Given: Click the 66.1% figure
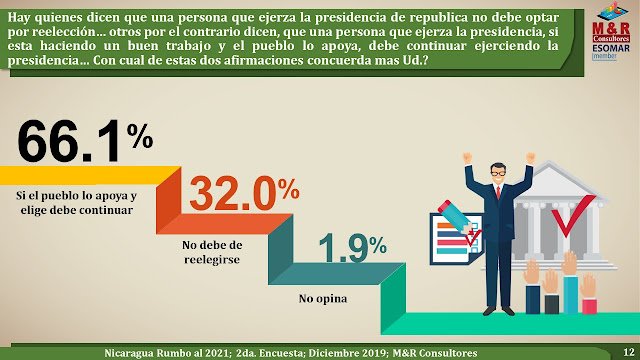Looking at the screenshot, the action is pos(85,141).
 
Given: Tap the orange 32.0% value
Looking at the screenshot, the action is pos(244,192).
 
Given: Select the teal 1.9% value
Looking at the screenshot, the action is pos(352,247).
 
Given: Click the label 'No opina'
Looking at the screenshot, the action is pos(323,299).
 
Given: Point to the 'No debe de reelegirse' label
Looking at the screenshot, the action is pos(212,252).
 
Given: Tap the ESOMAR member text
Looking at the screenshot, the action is pos(611,52).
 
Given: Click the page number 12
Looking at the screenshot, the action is pos(629,352).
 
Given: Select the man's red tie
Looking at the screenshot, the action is pos(498,191).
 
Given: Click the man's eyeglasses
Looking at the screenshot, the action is pos(498,173).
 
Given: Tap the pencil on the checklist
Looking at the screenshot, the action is pos(456,217).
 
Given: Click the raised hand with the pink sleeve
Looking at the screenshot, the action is pos(588,293).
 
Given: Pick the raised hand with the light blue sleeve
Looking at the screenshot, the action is pos(570,282).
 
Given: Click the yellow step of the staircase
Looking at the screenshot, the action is pos(90,175).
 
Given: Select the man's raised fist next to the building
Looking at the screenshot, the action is pos(531,158).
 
